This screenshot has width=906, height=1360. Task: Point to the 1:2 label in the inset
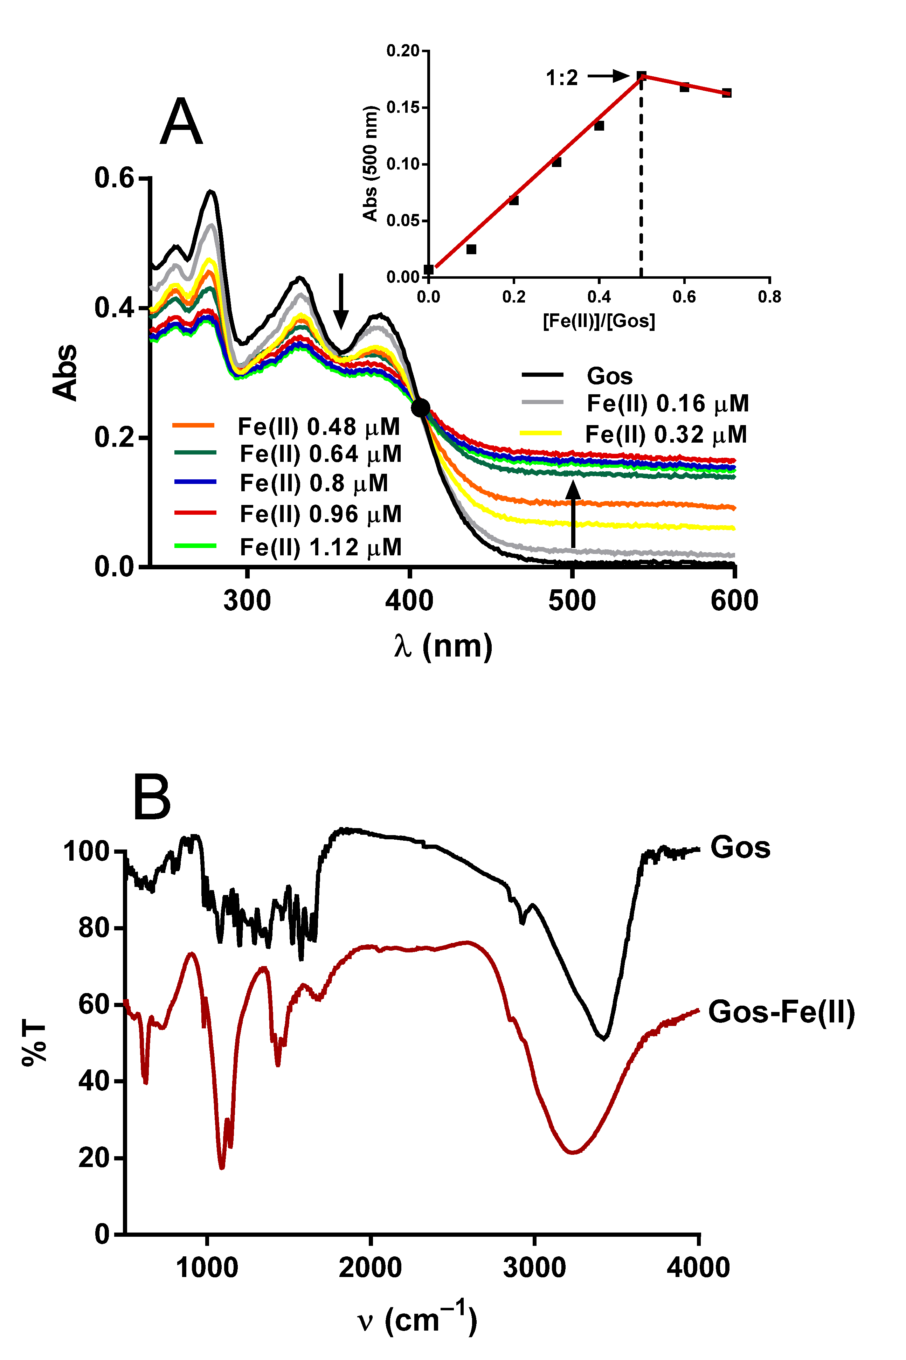(562, 77)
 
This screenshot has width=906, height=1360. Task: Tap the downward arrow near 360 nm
(341, 300)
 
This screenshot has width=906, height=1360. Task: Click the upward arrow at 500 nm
(573, 514)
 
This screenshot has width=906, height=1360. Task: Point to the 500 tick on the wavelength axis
(572, 601)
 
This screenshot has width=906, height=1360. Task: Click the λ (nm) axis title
(443, 646)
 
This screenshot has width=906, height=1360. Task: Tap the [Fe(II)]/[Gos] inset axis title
(599, 321)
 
